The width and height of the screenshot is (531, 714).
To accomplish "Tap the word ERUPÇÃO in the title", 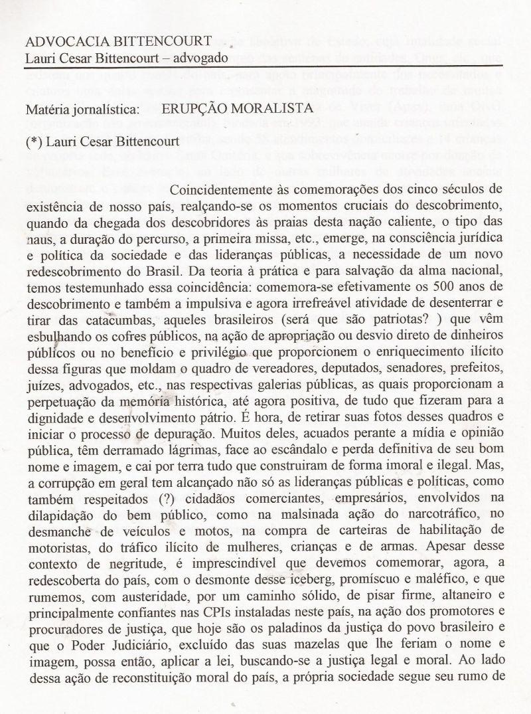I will (x=198, y=107).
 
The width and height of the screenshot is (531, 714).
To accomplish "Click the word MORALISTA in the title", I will (x=273, y=107).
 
